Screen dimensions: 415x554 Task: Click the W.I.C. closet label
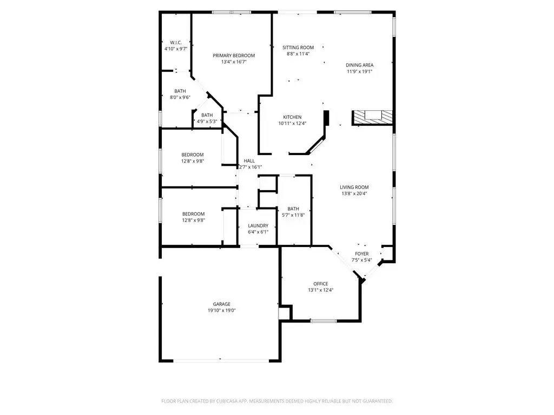pos(176,42)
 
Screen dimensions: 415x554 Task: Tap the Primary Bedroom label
pos(234,55)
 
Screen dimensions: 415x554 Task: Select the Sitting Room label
pos(298,48)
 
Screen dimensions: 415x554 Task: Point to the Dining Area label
pos(360,65)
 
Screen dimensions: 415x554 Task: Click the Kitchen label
pos(292,117)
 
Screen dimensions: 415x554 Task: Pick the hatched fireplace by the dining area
pos(372,117)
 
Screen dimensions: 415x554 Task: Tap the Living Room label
pos(354,187)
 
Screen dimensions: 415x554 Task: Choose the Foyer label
pos(362,253)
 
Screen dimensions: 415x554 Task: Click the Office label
pos(321,284)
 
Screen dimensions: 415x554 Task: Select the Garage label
pos(221,304)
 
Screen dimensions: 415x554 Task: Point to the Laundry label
pos(258,225)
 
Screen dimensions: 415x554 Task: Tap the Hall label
pos(249,160)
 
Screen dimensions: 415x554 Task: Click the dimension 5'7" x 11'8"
pos(293,215)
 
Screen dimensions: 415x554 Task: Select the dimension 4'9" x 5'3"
pos(207,121)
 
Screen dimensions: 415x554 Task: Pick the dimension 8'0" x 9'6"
pos(180,97)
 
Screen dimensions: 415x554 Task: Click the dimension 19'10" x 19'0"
pos(221,310)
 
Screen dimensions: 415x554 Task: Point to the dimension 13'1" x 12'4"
pos(321,290)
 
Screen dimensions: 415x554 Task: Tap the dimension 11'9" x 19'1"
pos(360,71)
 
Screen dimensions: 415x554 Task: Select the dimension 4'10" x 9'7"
pos(176,49)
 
